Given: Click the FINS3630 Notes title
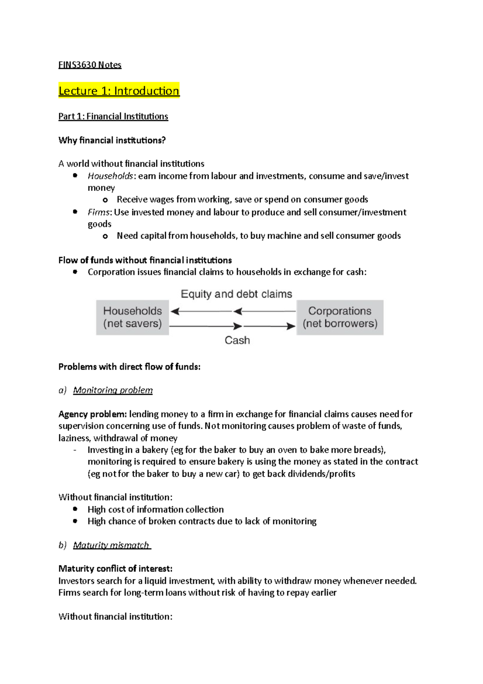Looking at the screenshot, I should point(90,65).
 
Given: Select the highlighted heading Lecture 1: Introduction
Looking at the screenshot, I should point(119,91).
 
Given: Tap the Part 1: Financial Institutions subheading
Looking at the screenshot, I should point(113,116).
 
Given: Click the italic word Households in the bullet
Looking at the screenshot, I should point(110,176).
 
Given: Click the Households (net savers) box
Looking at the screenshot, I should point(132,317).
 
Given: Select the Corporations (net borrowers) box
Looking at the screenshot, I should point(340,317).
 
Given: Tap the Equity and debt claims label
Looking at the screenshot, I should point(236,294).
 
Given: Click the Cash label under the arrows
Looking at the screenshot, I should point(237,340).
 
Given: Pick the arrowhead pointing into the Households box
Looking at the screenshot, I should point(175,311).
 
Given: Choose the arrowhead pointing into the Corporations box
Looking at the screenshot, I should point(291,326).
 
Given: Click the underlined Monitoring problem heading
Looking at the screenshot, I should point(113,390).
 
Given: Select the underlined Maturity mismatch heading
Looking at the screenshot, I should point(111,545).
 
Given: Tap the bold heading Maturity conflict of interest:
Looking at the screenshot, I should point(115,569).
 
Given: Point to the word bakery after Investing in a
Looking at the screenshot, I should point(155,450).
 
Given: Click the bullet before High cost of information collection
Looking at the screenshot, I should point(75,509).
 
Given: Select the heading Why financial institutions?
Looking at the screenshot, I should point(112,140).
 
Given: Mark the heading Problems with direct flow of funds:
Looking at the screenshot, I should point(129,367).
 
